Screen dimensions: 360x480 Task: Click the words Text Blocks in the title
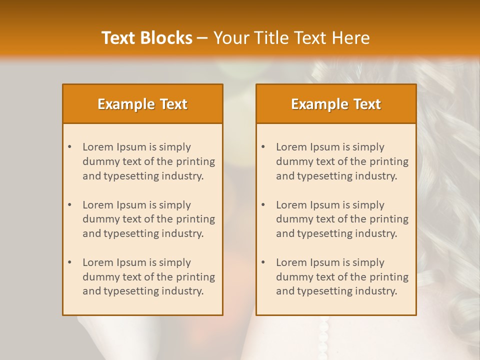click(x=146, y=38)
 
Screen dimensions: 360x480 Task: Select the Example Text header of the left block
click(x=142, y=104)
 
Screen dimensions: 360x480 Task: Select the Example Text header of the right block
click(x=336, y=104)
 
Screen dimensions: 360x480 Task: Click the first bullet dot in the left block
click(x=69, y=147)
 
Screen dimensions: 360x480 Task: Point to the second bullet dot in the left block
click(x=69, y=205)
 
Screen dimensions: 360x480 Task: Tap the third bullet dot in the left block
click(x=69, y=262)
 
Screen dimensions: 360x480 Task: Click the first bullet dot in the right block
click(x=263, y=147)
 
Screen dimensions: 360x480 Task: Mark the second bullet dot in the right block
click(x=263, y=205)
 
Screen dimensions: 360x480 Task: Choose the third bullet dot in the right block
click(x=263, y=262)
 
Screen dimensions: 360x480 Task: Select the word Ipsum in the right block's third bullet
click(x=324, y=262)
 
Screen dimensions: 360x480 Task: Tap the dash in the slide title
click(x=202, y=38)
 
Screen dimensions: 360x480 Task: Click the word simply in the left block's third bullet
click(x=175, y=262)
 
